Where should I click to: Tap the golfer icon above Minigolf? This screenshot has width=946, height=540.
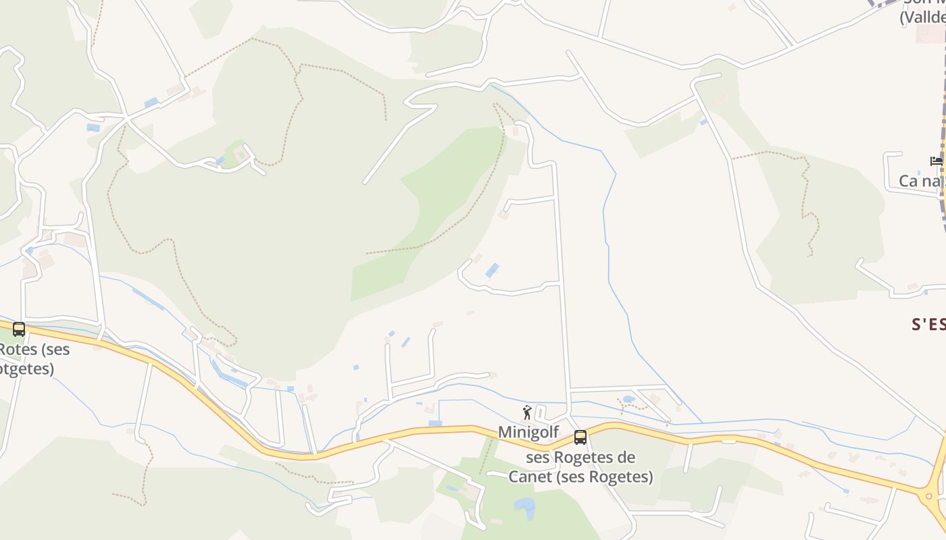pos(528,412)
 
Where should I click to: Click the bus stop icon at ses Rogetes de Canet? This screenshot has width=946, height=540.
pos(580,437)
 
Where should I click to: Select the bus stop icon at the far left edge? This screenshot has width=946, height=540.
pos(19,329)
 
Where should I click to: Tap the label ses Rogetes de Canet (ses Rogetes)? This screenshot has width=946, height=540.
pos(580,467)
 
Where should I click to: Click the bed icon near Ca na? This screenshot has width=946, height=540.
pos(936,161)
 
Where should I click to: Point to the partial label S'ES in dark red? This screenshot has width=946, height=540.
pos(928,325)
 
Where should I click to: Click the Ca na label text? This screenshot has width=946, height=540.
pos(920,181)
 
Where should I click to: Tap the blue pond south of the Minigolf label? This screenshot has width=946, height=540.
pos(524,506)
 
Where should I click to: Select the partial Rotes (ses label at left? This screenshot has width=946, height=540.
pos(34,350)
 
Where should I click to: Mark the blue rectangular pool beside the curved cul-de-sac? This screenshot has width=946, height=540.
pos(492,271)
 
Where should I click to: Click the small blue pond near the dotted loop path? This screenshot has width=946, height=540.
pos(628,400)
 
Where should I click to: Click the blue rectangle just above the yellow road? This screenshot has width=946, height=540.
pos(435,423)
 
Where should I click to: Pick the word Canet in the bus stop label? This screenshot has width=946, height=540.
pos(531,477)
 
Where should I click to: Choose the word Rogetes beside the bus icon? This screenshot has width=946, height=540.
pos(594,458)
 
